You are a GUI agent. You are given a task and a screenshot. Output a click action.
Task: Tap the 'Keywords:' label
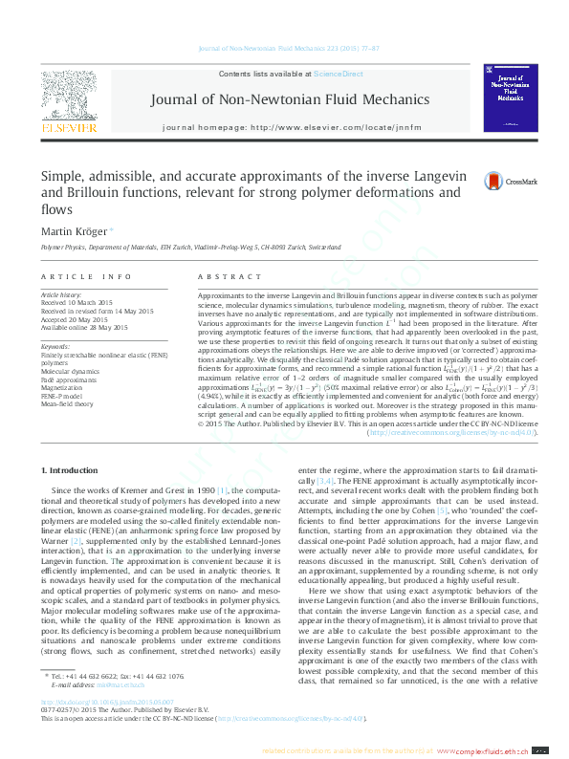(55, 346)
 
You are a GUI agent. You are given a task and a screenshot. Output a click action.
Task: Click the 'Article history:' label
(62, 295)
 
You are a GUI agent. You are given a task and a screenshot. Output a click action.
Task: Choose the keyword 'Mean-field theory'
(68, 404)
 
